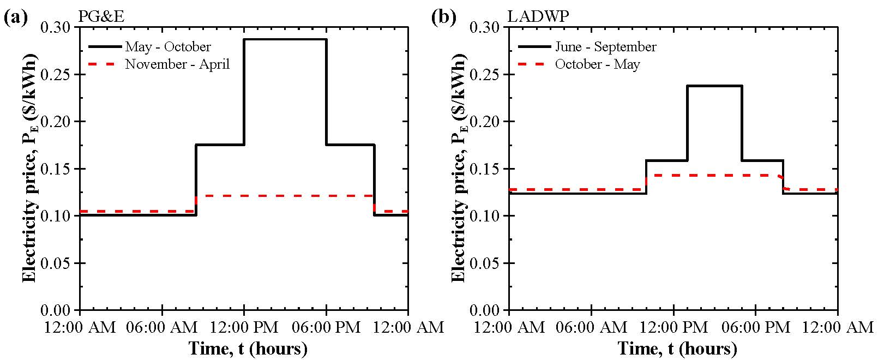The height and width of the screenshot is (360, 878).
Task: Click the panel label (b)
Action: [x=443, y=17]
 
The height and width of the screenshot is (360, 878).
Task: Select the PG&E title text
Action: [x=101, y=17]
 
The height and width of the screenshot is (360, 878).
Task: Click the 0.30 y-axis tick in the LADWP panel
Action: [x=489, y=27]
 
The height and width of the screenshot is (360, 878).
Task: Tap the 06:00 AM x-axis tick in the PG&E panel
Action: [x=162, y=327]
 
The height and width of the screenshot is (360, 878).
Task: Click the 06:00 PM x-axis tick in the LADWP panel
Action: [x=755, y=327]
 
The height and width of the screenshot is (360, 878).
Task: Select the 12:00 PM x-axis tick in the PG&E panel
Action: [x=244, y=327]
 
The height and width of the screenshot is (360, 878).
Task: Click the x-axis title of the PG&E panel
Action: [x=248, y=348]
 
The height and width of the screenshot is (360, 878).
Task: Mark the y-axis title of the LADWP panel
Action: [x=459, y=168]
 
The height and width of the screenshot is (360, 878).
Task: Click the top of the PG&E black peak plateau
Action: [x=285, y=39]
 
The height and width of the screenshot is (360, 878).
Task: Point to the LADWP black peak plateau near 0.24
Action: [x=714, y=86]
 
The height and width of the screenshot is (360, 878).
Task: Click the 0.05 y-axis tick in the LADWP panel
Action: [x=489, y=263]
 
